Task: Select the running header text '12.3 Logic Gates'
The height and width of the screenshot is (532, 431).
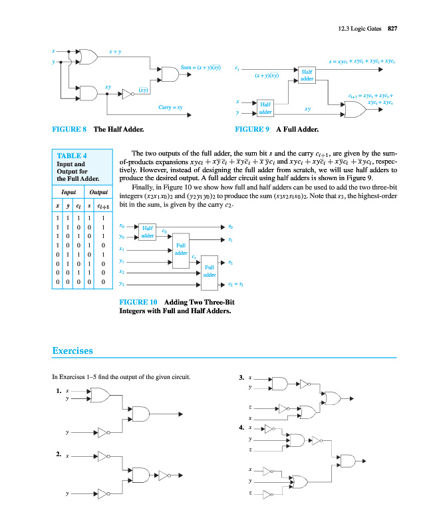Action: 356,28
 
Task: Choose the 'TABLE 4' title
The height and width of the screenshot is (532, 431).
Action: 72,156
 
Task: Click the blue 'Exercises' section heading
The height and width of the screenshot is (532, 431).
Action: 72,350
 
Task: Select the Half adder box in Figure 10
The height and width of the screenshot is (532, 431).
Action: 147,231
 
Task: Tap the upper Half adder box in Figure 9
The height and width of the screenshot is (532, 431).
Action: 307,74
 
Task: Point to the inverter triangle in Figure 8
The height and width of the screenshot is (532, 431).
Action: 127,94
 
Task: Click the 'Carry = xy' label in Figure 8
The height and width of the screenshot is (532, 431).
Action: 170,107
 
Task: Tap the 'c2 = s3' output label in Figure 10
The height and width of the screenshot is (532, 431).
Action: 236,285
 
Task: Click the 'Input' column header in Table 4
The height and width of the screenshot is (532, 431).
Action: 68,192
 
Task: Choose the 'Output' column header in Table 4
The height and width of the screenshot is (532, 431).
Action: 99,192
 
